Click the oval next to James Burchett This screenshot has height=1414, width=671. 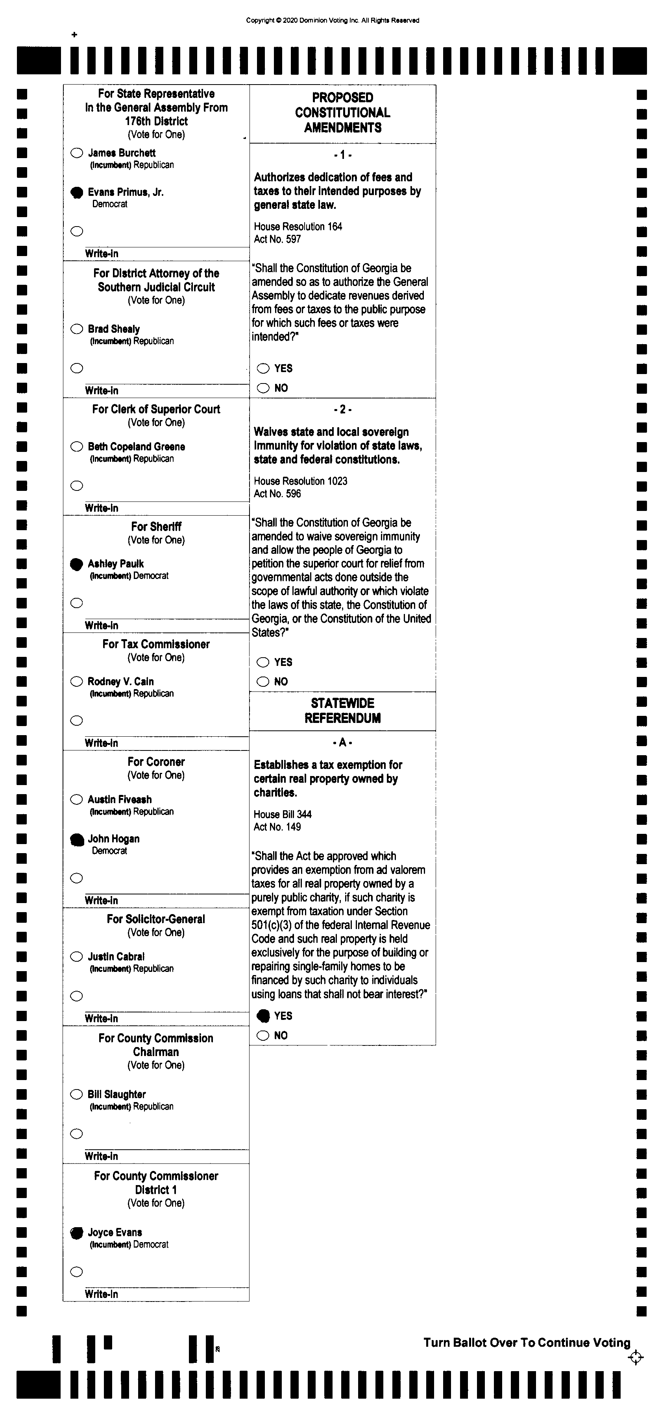pyautogui.click(x=77, y=153)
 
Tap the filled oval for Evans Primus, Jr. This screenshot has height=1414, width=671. pyautogui.click(x=77, y=193)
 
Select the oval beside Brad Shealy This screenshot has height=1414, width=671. pyautogui.click(x=77, y=329)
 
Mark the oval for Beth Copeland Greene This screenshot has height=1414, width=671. pyautogui.click(x=77, y=447)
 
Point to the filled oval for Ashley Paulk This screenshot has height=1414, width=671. pyautogui.click(x=77, y=564)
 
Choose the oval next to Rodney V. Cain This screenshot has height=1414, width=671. pyautogui.click(x=77, y=682)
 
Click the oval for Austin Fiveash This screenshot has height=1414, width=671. pyautogui.click(x=77, y=800)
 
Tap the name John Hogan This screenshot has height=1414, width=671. pyautogui.click(x=114, y=839)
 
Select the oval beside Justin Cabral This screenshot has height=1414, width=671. pyautogui.click(x=77, y=957)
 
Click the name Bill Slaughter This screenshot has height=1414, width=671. pyautogui.click(x=116, y=1095)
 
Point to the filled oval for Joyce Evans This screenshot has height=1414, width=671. pyautogui.click(x=77, y=1233)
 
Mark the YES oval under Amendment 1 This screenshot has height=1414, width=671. pyautogui.click(x=264, y=368)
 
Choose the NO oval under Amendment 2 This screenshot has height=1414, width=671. pyautogui.click(x=264, y=682)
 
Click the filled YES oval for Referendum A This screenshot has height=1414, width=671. pyautogui.click(x=264, y=1016)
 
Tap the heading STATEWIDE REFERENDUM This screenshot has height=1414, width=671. pyautogui.click(x=343, y=711)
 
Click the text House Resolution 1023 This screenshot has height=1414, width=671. pyautogui.click(x=300, y=481)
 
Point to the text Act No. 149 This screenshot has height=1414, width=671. pyautogui.click(x=277, y=827)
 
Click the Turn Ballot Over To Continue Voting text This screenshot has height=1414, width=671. pyautogui.click(x=527, y=1343)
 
